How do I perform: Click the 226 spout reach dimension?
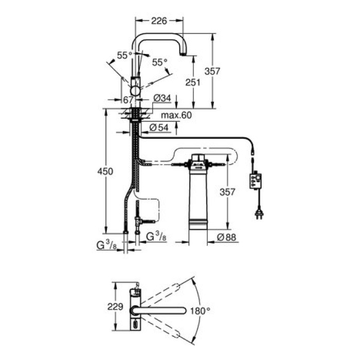point(159,22)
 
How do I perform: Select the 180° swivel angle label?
point(201,311)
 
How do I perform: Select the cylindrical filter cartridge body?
point(198,198)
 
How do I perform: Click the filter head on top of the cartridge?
point(198,161)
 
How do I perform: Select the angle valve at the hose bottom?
point(140,221)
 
